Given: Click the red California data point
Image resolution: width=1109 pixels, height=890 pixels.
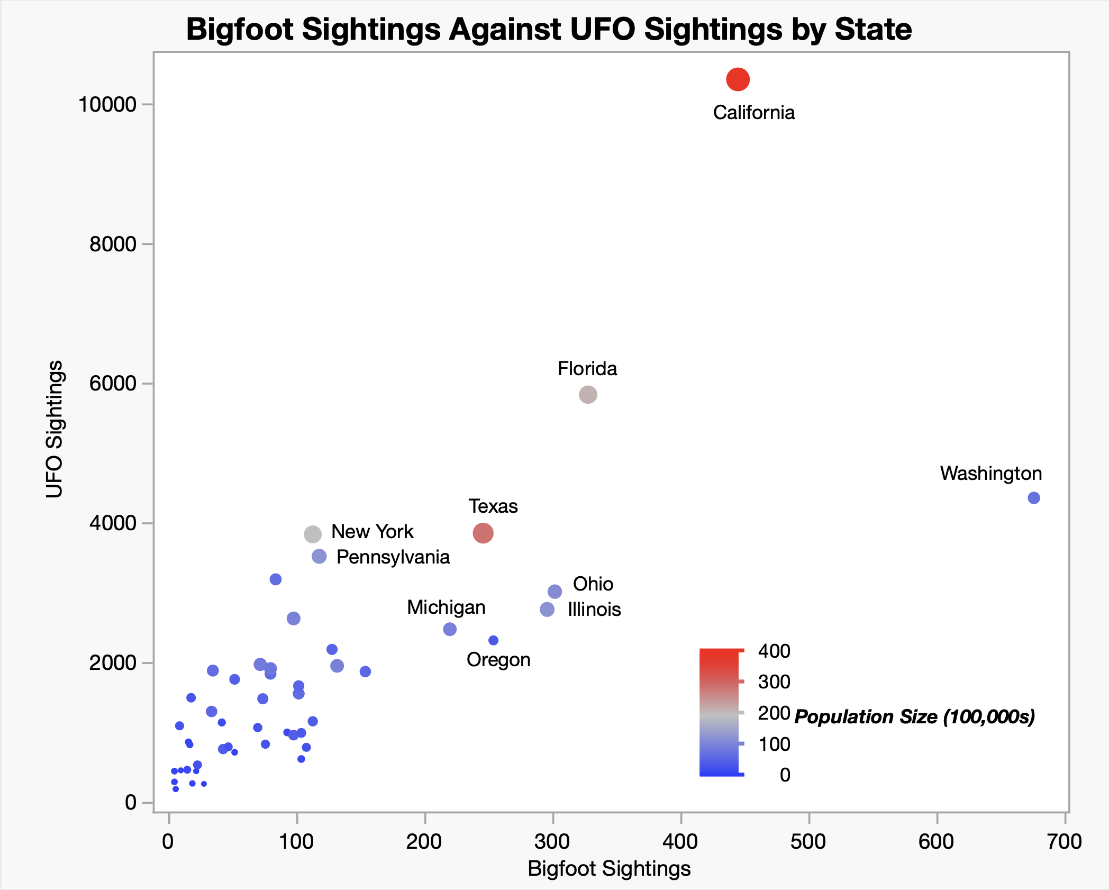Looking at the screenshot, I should click(x=738, y=79).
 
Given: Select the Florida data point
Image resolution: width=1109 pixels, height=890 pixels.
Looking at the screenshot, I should click(x=588, y=394).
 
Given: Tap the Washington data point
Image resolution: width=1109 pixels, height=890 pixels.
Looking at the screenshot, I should click(x=1033, y=498).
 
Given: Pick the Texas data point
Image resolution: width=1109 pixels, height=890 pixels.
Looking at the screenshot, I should click(x=483, y=533).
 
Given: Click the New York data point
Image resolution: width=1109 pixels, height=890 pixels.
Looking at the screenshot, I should click(x=313, y=534).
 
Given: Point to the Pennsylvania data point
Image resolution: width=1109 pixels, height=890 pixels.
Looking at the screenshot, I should click(x=319, y=556).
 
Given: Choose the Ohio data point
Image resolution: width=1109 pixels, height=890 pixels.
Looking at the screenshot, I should click(x=554, y=591).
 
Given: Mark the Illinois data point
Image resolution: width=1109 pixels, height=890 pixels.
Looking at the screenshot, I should click(x=547, y=610).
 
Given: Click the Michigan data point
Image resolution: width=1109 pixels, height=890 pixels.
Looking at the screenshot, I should click(x=450, y=629).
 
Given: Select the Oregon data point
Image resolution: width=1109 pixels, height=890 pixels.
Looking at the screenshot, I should click(x=493, y=640).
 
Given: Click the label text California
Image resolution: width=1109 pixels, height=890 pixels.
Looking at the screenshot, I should click(x=753, y=113).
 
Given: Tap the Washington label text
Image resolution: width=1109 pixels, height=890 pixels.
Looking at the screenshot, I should click(x=990, y=473).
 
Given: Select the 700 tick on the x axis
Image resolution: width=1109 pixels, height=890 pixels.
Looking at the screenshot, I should click(x=1065, y=841).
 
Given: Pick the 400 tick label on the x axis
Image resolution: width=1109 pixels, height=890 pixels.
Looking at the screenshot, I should click(x=680, y=841).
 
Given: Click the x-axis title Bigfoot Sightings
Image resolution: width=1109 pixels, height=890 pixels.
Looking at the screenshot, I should click(x=609, y=868).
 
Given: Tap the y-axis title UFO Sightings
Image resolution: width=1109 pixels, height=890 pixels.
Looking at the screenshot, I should click(x=54, y=429).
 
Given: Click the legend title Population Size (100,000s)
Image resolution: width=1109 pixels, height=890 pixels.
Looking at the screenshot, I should click(x=914, y=716).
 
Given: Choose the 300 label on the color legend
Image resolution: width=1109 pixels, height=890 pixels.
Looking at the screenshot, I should click(x=774, y=682).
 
